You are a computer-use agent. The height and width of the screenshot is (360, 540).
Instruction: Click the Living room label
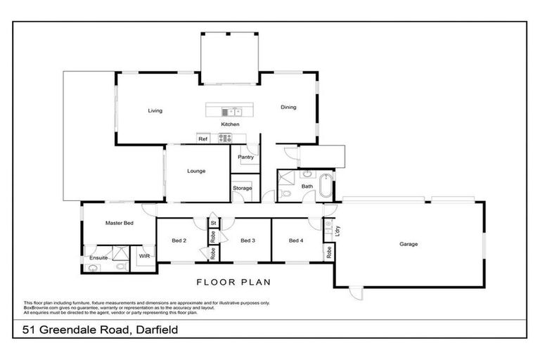pyautogui.click(x=155, y=110)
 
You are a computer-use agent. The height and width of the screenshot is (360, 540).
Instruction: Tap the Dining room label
pyautogui.click(x=288, y=108)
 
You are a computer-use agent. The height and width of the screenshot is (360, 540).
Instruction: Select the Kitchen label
pyautogui.click(x=230, y=124)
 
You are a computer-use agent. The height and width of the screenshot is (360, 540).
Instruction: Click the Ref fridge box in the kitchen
pyautogui.click(x=202, y=139)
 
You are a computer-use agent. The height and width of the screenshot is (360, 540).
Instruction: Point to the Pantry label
pyautogui.click(x=245, y=157)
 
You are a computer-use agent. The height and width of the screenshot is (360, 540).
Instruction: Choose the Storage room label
pyautogui.click(x=243, y=188)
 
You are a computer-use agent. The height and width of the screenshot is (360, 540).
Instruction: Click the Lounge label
pyautogui.click(x=196, y=171)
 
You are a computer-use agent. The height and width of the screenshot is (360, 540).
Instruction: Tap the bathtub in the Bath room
pyautogui.click(x=326, y=187)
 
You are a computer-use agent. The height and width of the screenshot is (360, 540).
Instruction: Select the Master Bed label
pyautogui.click(x=119, y=223)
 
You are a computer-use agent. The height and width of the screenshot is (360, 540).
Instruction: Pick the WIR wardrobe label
pyautogui.click(x=143, y=257)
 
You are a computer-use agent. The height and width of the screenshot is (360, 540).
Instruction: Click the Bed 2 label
pyautogui.click(x=179, y=240)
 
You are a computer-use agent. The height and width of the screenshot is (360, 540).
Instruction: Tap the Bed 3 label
pyautogui.click(x=247, y=240)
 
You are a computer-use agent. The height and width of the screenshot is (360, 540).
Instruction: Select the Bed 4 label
pyautogui.click(x=296, y=240)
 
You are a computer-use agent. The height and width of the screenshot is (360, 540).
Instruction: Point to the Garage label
pyautogui.click(x=409, y=244)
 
